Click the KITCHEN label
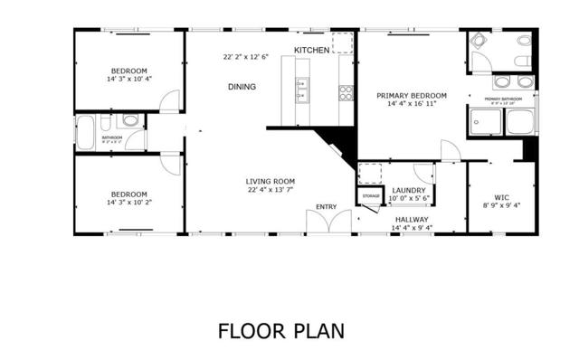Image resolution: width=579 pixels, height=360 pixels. coord(311,50)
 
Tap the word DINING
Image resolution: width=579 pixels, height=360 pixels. coord(242,87)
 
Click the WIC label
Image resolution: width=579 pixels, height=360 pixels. coord(501,196)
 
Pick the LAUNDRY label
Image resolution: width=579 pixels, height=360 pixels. coord(410,190)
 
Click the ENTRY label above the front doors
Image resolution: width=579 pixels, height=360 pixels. coord(326,207)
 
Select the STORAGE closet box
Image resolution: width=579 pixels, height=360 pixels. coord(371,196)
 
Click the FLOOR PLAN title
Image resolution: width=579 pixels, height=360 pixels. coord(280,330)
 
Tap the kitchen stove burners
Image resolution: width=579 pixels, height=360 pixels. coord(346,91)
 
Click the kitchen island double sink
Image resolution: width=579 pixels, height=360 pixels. coord(300,88)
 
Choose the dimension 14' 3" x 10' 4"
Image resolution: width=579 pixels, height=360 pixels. coord(128,80)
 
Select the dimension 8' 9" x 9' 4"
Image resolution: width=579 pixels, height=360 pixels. coord(501,205)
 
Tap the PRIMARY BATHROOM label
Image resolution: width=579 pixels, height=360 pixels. coord(503,99)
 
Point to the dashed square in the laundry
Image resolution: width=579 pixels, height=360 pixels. coord(373,173)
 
